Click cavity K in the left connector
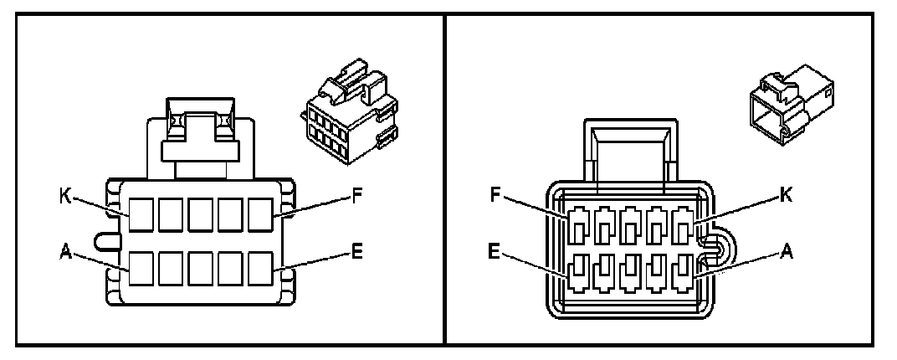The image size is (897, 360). [x=141, y=215]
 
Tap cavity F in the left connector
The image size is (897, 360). [x=262, y=215]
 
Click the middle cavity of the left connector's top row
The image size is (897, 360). [x=202, y=215]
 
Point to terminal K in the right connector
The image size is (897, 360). [x=684, y=227]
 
